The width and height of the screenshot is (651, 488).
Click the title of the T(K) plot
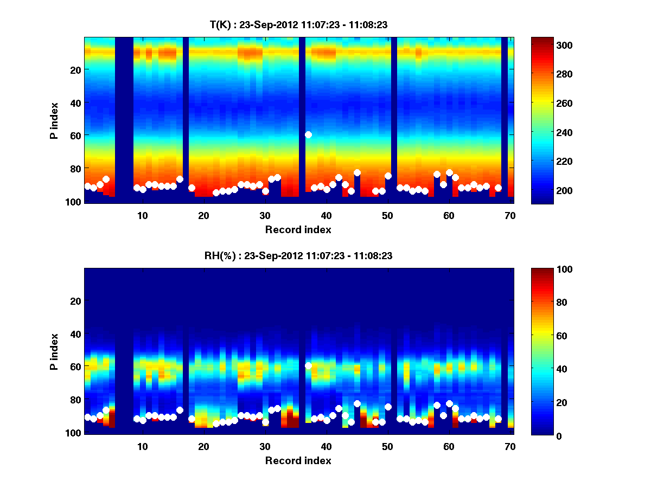click(x=298, y=25)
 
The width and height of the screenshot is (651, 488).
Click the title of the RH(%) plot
click(x=298, y=256)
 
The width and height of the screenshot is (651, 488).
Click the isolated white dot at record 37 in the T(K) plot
click(x=308, y=134)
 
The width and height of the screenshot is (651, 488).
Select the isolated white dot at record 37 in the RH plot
click(x=308, y=365)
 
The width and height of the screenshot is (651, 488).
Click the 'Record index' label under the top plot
click(x=298, y=229)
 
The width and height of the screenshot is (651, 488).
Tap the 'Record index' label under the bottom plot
click(x=298, y=460)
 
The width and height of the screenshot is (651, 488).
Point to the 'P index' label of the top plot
click(x=54, y=120)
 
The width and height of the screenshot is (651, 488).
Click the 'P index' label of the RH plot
click(x=54, y=351)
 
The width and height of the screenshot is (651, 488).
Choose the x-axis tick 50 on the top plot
click(x=387, y=215)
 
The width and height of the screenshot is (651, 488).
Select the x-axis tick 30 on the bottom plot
click(x=265, y=446)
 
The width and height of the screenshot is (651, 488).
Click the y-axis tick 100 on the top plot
click(x=75, y=201)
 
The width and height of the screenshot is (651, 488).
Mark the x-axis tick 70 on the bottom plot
click(x=509, y=446)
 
